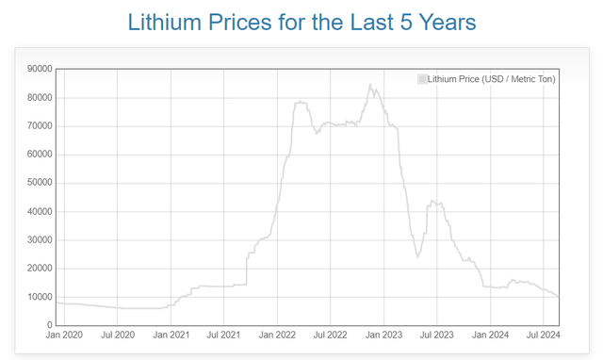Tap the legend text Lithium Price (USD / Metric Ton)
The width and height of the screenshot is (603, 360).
(491, 79)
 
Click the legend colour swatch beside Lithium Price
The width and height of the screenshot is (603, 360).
(422, 79)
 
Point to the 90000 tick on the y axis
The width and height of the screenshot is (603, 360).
(39, 69)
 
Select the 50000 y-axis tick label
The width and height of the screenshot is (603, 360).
(39, 183)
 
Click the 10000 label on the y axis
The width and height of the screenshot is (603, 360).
(39, 298)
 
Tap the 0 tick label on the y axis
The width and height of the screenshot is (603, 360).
(50, 326)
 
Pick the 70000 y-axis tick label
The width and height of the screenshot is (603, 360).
(39, 126)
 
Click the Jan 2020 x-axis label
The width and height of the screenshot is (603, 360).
(64, 335)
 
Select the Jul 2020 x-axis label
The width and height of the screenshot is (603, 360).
(117, 335)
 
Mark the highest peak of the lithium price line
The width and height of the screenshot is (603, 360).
(370, 85)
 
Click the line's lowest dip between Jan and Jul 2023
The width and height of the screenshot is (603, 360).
(418, 256)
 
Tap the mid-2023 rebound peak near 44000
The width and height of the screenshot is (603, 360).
(432, 201)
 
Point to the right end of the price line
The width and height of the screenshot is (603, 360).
(559, 297)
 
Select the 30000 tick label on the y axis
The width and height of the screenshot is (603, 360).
(39, 240)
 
